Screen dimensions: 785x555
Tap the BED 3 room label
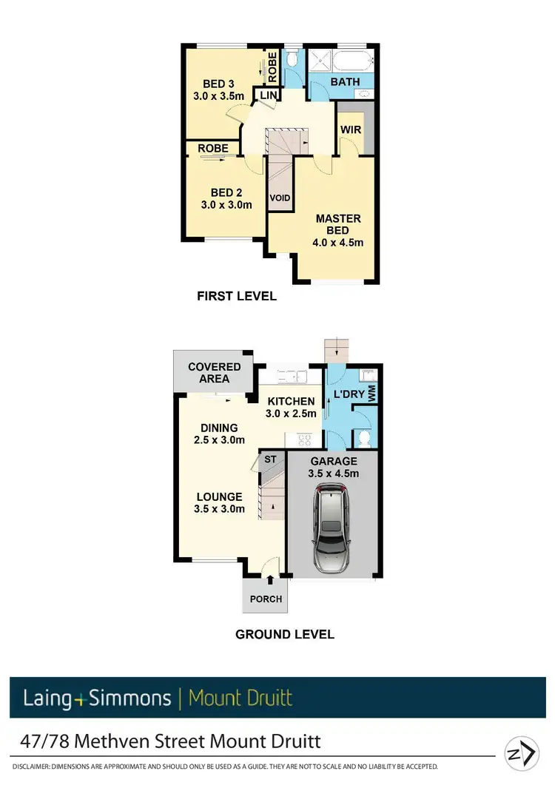pos(219,84)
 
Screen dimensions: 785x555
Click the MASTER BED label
pos(338,224)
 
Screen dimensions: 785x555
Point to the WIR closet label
pos(350,129)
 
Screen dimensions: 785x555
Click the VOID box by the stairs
pos(279,198)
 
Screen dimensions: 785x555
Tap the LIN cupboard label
pos(266,95)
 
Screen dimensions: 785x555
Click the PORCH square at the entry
pos(265,599)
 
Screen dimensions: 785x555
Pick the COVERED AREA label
pos(214,372)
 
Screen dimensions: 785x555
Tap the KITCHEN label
pos(292,401)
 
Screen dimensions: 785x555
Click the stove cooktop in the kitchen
pos(303,440)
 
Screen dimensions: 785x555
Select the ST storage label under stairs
pos(270,459)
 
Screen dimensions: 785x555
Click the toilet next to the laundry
pos(363,438)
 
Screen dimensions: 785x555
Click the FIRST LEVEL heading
pos(237,296)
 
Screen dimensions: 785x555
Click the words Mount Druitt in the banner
pos(240,698)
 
